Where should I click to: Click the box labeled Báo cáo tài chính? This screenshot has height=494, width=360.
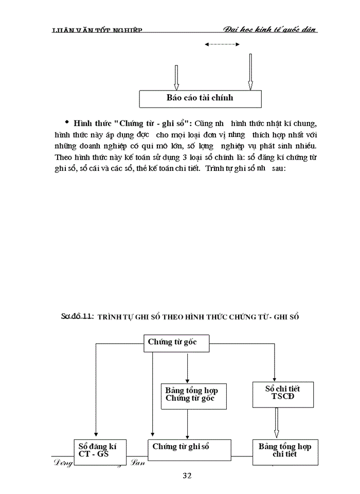(200, 98)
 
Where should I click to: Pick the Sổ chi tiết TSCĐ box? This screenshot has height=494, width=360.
(282, 394)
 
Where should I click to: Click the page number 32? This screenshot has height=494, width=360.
(187, 476)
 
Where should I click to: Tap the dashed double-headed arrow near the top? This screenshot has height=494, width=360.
(222, 45)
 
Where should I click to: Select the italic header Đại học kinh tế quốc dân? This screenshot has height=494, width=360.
(270, 29)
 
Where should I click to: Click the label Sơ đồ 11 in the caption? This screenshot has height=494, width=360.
(77, 316)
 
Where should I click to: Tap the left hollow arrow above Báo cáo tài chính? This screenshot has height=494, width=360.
(176, 77)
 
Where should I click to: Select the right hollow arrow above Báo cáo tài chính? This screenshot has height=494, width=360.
(250, 72)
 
